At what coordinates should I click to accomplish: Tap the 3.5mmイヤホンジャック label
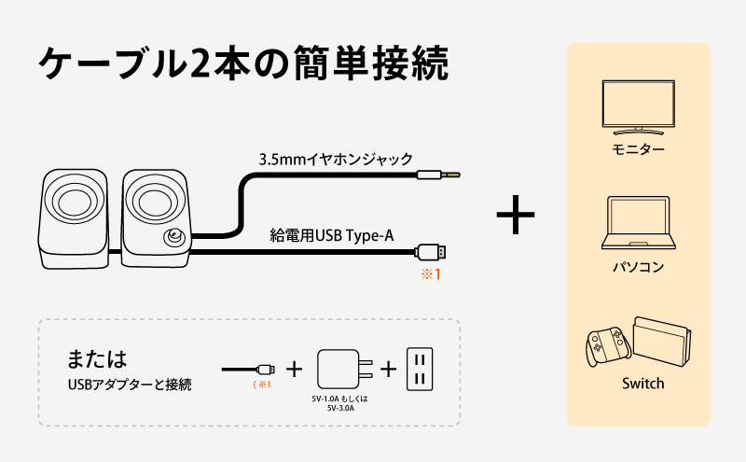(336, 159)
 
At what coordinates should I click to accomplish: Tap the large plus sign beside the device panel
(516, 215)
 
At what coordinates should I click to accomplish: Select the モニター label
(639, 149)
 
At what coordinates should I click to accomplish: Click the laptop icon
(639, 223)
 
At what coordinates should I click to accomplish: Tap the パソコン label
(639, 267)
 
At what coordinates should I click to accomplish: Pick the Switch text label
(642, 384)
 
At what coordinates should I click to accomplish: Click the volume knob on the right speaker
(173, 238)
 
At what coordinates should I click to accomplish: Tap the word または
(96, 358)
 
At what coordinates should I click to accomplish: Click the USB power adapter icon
(340, 369)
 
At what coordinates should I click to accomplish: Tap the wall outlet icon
(420, 369)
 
